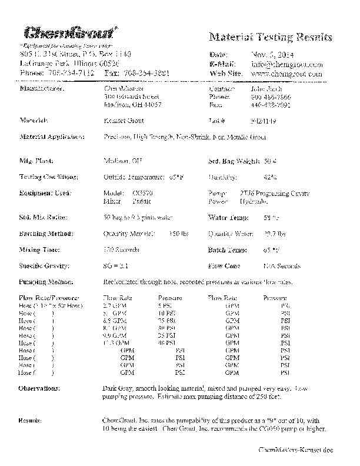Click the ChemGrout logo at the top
(70, 32)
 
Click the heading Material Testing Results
(271, 37)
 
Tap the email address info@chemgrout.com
(286, 64)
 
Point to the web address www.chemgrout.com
(286, 74)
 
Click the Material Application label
(52, 137)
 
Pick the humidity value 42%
(271, 177)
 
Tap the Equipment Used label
(45, 193)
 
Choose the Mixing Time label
(41, 250)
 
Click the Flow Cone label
(224, 266)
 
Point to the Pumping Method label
(48, 282)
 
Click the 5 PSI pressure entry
(164, 306)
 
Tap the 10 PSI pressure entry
(166, 313)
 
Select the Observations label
(39, 389)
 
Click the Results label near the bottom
(30, 421)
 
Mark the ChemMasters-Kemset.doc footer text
(295, 450)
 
